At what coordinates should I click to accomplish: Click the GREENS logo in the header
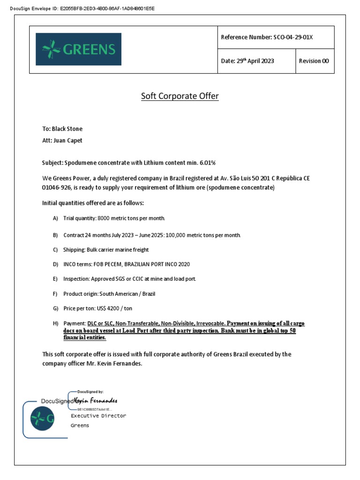point(78,49)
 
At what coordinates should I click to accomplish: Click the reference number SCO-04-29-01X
point(293,37)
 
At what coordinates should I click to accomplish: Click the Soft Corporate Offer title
point(180,96)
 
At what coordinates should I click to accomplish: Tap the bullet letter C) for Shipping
point(55,250)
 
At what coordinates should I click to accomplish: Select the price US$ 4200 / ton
point(105,308)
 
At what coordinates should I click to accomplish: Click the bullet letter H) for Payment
point(55,323)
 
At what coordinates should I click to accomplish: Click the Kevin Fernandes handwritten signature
point(96,401)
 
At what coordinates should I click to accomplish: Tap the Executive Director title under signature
point(98,416)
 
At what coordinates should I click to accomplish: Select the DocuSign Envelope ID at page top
point(82,8)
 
